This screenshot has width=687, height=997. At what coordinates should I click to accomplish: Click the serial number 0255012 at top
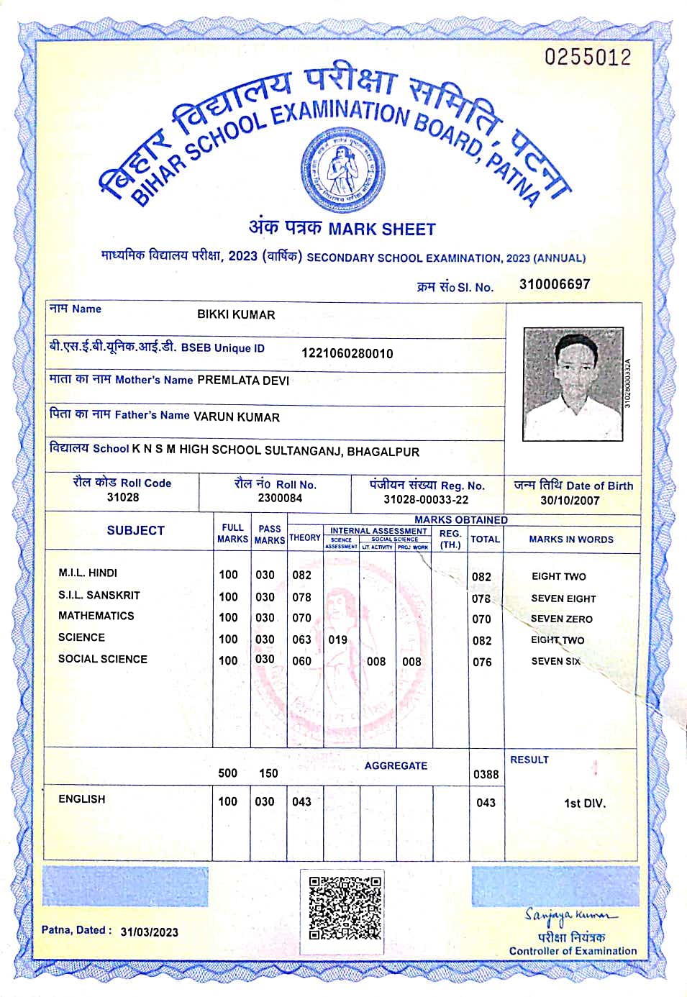click(x=587, y=58)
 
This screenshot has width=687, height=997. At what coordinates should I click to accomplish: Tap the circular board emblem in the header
click(x=342, y=166)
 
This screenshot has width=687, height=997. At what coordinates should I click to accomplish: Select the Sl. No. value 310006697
click(x=554, y=284)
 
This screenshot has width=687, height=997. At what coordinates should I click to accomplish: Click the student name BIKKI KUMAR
click(x=236, y=314)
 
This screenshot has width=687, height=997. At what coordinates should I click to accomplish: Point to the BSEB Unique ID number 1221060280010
click(x=347, y=353)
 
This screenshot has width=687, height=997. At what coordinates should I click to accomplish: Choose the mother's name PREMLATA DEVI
click(x=243, y=381)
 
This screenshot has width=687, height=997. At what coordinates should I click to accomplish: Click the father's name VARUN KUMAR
click(x=237, y=416)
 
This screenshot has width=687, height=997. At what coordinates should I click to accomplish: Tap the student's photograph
click(x=573, y=383)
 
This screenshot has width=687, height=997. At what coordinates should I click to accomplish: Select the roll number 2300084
click(x=280, y=498)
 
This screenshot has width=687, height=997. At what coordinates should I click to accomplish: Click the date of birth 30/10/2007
click(x=570, y=501)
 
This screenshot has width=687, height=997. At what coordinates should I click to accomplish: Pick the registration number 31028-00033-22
click(x=426, y=500)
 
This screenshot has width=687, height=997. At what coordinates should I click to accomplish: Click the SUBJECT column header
click(x=135, y=530)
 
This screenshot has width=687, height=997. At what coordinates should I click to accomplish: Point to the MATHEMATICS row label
click(x=96, y=616)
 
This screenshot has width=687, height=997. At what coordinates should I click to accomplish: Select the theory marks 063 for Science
click(x=301, y=639)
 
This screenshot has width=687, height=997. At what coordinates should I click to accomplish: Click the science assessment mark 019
click(x=337, y=639)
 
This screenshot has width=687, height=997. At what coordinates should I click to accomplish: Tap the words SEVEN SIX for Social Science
click(x=555, y=661)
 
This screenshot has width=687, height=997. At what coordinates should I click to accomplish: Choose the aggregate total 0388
click(x=486, y=774)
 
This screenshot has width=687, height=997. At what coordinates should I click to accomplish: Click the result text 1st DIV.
click(x=584, y=803)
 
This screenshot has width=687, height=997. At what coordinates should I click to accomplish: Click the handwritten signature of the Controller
click(x=570, y=915)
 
